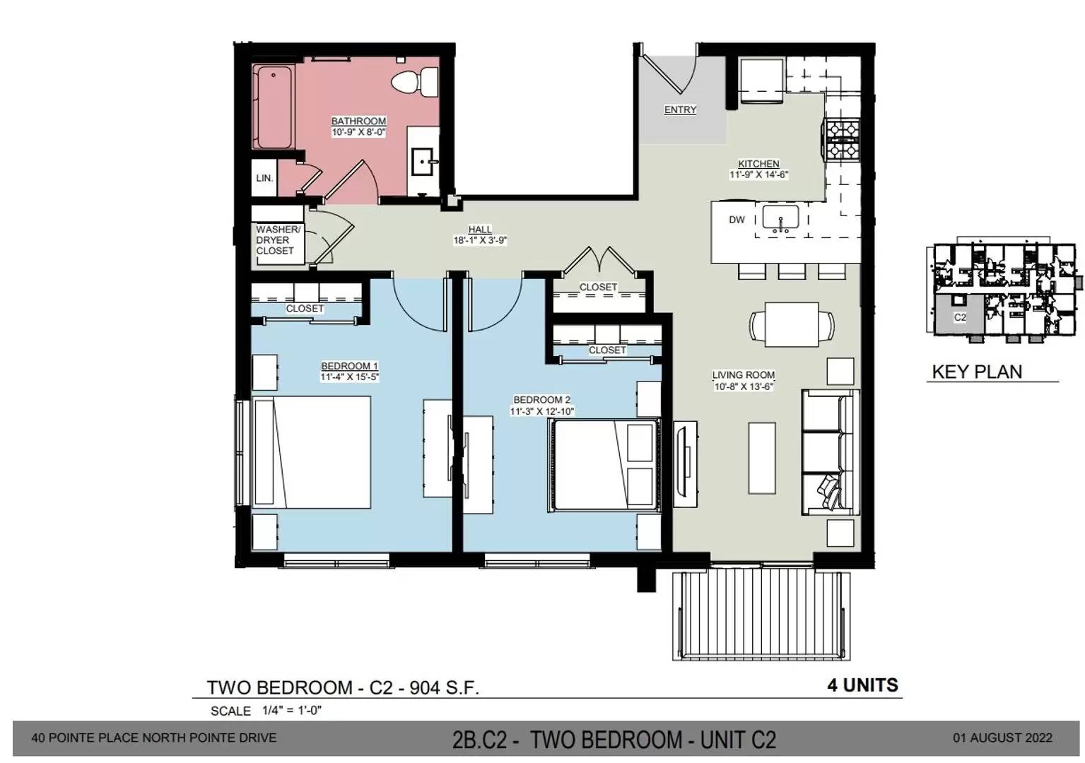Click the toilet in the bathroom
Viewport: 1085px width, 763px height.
415,81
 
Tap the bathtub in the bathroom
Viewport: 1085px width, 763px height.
274,107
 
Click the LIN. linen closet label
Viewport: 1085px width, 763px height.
264,177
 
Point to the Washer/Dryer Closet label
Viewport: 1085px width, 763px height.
278,240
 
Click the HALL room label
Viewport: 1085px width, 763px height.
480,229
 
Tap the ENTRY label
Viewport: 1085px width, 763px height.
680,110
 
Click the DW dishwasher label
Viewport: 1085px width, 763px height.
737,220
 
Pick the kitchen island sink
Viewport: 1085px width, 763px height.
780,218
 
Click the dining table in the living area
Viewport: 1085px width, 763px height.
792,324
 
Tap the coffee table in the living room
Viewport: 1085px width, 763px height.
762,458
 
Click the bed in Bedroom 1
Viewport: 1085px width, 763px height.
312,452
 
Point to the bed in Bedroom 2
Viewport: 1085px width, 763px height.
604,466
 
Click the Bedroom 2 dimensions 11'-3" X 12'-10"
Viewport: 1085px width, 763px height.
541,411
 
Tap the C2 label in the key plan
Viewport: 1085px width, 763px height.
960,317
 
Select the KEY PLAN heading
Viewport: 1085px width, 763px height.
977,372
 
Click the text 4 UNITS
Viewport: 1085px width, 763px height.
862,685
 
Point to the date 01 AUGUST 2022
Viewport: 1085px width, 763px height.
1003,738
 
